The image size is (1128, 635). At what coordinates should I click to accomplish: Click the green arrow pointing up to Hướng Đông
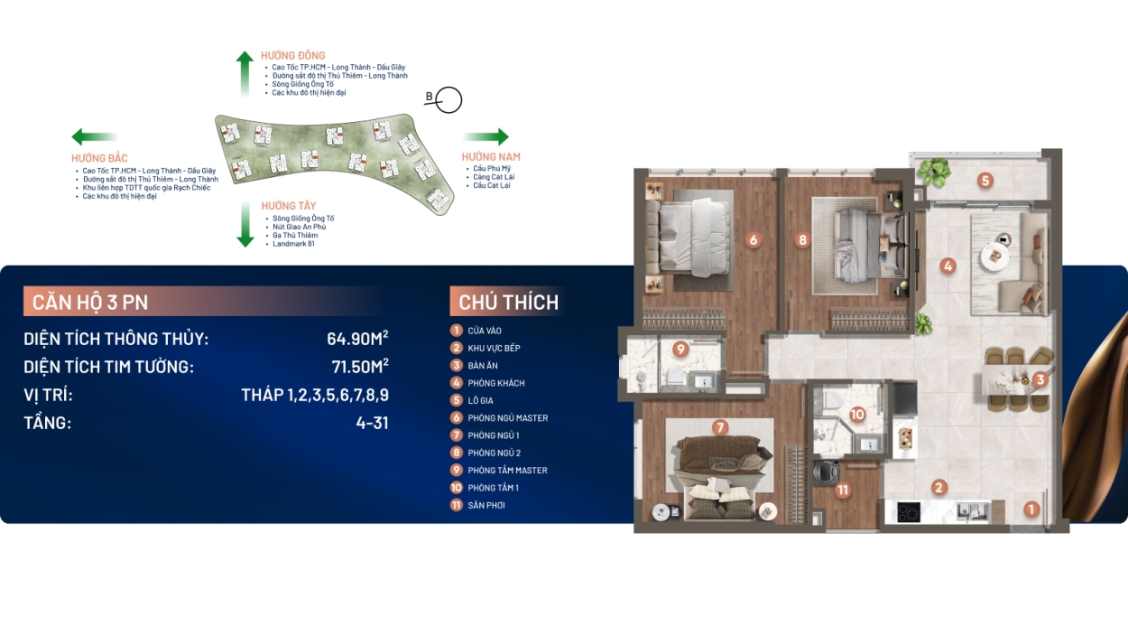pyautogui.click(x=245, y=73)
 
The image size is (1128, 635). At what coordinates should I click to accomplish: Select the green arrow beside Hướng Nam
pyautogui.click(x=486, y=136)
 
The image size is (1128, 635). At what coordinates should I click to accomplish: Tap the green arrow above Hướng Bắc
pyautogui.click(x=94, y=136)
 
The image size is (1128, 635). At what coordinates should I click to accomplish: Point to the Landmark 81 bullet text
pyautogui.click(x=293, y=244)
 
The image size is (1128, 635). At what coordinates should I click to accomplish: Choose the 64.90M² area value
pyautogui.click(x=357, y=338)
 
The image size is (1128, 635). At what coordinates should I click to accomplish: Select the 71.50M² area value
pyautogui.click(x=360, y=367)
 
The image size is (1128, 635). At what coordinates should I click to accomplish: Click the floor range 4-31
pyautogui.click(x=372, y=423)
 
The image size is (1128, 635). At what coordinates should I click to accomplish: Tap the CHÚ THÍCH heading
pyautogui.click(x=509, y=302)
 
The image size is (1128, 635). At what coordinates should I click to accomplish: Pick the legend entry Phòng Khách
pyautogui.click(x=496, y=383)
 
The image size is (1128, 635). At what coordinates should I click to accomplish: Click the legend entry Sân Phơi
pyautogui.click(x=486, y=505)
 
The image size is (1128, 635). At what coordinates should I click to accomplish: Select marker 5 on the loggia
pyautogui.click(x=985, y=181)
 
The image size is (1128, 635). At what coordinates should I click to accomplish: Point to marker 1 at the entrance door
pyautogui.click(x=1031, y=509)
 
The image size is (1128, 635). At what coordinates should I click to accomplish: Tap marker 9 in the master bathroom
pyautogui.click(x=680, y=349)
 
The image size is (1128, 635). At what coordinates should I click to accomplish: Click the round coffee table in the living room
pyautogui.click(x=994, y=257)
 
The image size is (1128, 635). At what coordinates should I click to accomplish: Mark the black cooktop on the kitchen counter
pyautogui.click(x=909, y=512)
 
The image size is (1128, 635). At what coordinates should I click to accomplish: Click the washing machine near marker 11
pyautogui.click(x=827, y=472)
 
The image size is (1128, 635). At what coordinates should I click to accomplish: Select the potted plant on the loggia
pyautogui.click(x=935, y=172)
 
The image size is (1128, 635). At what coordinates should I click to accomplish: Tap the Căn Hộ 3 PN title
pyautogui.click(x=90, y=302)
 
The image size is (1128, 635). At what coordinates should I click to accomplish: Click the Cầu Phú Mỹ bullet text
pyautogui.click(x=492, y=168)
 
